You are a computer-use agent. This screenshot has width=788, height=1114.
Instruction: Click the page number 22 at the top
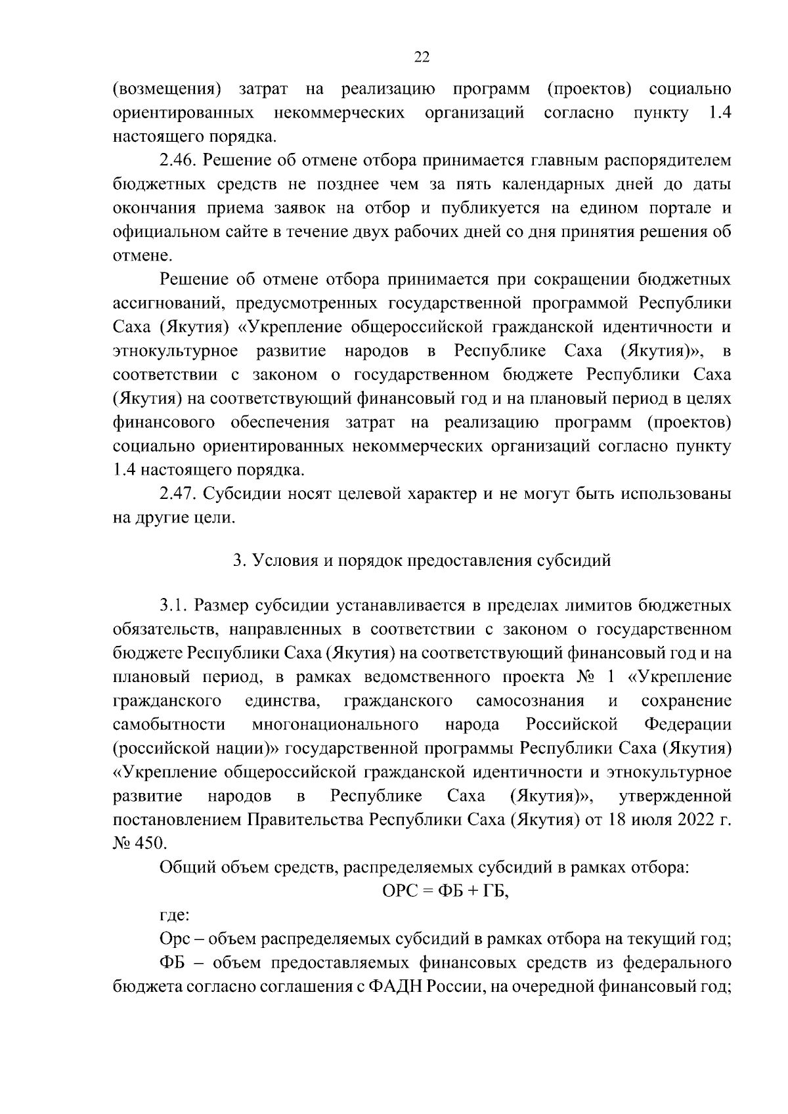point(422,58)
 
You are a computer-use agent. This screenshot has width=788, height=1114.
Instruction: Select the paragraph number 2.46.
point(177,161)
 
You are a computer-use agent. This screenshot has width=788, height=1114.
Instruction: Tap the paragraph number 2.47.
point(177,494)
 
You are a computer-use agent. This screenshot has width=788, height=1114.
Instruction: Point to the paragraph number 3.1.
point(173,605)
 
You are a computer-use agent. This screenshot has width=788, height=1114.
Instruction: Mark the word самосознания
point(530,700)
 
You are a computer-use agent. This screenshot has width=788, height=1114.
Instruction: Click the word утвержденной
point(675,796)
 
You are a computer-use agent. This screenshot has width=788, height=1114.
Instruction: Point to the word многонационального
point(335,725)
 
